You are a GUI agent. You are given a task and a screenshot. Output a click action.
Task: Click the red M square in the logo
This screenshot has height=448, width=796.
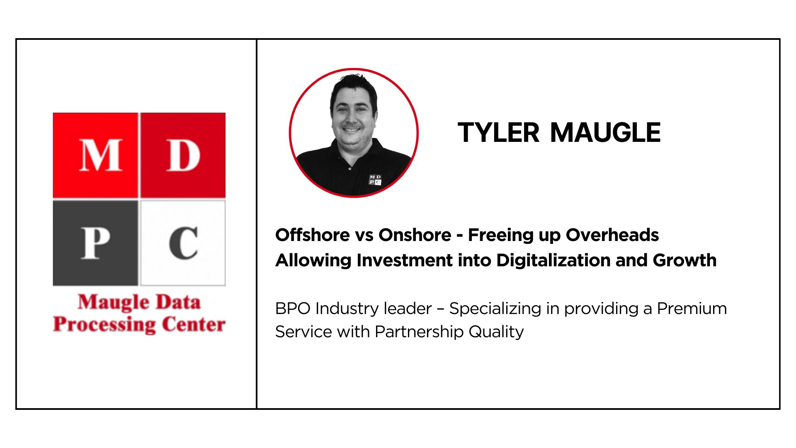(95, 155)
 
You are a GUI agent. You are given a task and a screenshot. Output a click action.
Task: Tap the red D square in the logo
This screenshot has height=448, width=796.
(183, 155)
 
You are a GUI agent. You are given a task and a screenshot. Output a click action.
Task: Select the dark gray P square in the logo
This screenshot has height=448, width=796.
(95, 243)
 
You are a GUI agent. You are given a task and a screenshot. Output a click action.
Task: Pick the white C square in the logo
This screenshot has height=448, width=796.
(183, 243)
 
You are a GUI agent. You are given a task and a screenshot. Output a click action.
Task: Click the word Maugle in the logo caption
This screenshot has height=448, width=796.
(114, 303)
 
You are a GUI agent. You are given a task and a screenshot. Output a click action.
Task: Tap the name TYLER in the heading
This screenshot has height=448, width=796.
(498, 133)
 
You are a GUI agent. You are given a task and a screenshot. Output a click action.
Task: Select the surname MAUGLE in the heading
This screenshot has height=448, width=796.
(605, 133)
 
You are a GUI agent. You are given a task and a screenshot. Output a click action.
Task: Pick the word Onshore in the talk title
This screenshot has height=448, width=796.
(415, 235)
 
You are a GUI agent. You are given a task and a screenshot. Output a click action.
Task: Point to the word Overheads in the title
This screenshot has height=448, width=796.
(612, 235)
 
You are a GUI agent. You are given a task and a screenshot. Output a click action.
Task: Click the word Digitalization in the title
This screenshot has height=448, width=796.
(553, 261)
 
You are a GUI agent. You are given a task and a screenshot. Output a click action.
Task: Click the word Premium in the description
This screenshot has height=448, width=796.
(692, 309)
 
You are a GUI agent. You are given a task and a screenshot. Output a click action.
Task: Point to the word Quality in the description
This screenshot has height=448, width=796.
(496, 332)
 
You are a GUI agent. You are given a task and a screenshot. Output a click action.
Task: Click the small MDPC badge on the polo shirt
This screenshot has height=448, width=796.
(375, 180)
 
